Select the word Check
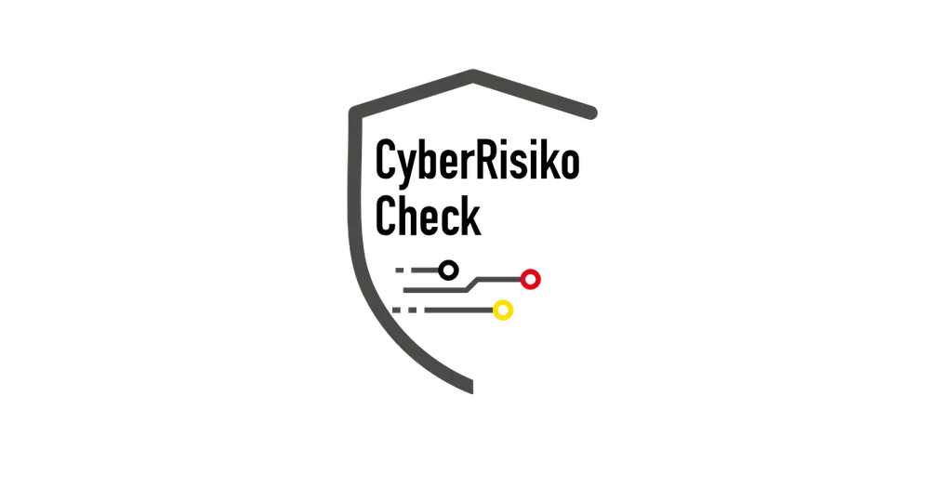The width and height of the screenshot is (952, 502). point(428,216)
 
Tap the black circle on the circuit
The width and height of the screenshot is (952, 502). point(449,271)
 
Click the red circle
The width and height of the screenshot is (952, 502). point(531,279)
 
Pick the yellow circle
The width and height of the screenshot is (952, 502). point(503,310)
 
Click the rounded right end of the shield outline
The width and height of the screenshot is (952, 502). point(592,112)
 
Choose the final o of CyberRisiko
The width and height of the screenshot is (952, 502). point(570,165)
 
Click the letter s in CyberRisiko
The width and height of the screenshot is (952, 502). point(521,165)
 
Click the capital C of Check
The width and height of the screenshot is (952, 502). point(386,216)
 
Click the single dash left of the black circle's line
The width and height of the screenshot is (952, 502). point(400,271)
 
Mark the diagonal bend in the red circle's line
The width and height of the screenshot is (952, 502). point(472,284)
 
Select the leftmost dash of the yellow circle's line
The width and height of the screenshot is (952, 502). point(396,310)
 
